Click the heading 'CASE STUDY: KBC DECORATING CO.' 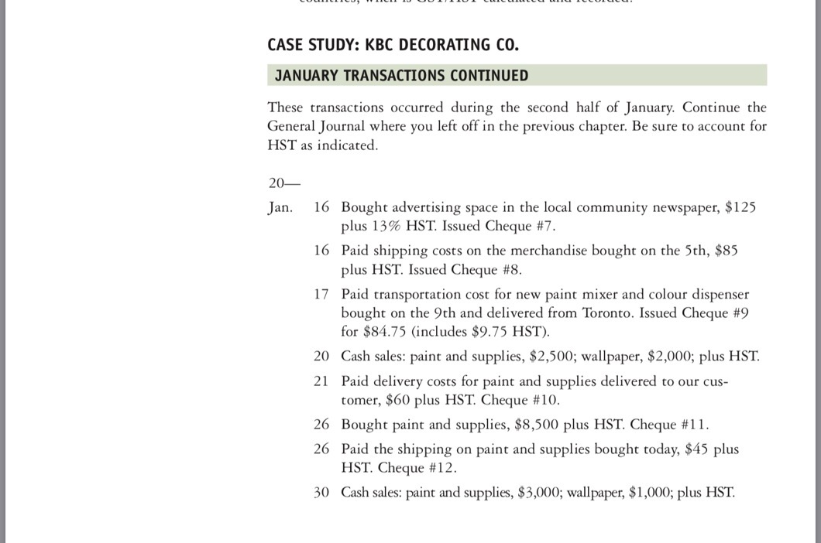coord(393,45)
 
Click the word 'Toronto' coord(648,312)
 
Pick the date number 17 coord(321,294)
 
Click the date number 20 coord(321,356)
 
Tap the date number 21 coord(321,381)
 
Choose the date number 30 coord(321,492)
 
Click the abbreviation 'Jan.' coord(280,207)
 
